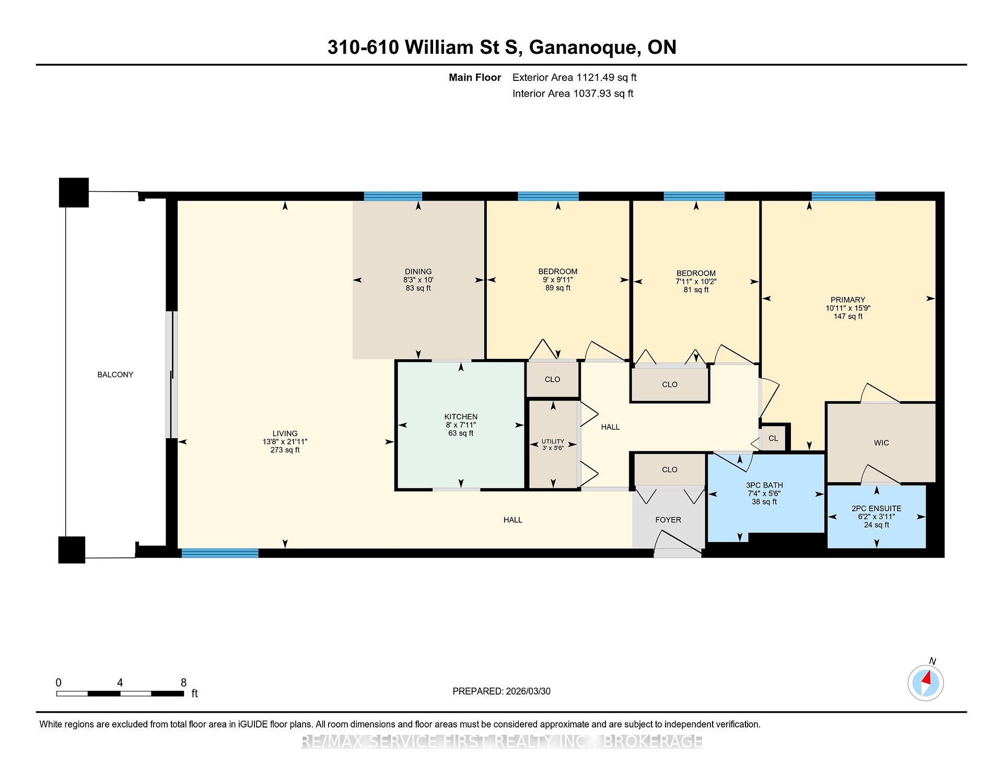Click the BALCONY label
pos(115,374)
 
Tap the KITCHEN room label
pos(461,417)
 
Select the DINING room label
pos(418,272)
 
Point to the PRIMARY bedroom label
pos(848,300)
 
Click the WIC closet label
pos(881,443)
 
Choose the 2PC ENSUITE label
pos(877,509)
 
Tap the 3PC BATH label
pos(764,485)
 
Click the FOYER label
pos(668,520)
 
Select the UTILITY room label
pos(553,441)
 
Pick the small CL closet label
pos(773,438)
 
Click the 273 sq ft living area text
pos(285,450)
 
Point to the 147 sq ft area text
pos(848,316)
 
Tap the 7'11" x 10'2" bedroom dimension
pos(696,281)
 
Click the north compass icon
pos(926,683)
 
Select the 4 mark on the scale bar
pos(120,683)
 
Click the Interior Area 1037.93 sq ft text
pos(573,93)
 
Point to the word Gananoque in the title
pos(585,48)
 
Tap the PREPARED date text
pos(501,691)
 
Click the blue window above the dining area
pos(393,196)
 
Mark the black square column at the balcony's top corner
pos(74,192)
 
